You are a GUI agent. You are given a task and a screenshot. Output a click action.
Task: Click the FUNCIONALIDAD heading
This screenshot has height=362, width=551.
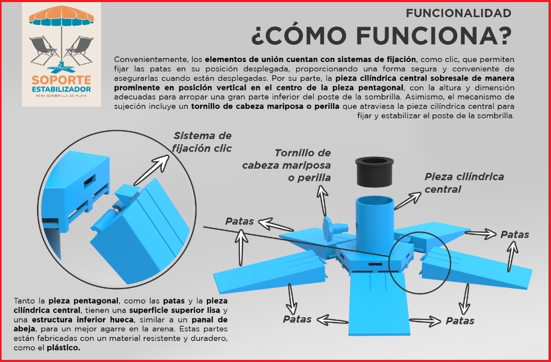click(458, 14)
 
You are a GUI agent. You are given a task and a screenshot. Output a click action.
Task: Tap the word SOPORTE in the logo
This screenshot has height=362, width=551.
click(62, 80)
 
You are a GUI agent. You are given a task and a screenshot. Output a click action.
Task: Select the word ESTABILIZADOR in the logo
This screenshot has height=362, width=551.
click(62, 89)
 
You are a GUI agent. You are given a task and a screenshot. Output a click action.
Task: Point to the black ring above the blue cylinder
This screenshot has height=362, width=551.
click(374, 171)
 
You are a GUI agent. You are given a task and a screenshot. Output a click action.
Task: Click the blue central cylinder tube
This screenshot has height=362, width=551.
click(375, 224)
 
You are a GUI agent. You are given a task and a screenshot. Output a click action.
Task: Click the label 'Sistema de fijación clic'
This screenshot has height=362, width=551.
click(202, 142)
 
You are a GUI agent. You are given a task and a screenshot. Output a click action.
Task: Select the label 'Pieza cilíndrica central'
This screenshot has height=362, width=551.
click(464, 183)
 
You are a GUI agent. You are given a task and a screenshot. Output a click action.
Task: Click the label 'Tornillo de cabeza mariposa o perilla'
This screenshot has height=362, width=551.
click(286, 165)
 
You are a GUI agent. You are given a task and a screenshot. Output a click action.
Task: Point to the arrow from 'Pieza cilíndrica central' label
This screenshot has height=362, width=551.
click(408, 201)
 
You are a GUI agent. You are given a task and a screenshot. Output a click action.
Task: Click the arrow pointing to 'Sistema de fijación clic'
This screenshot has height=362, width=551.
click(152, 170)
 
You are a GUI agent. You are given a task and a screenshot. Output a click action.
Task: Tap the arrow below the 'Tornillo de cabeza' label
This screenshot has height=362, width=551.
click(322, 201)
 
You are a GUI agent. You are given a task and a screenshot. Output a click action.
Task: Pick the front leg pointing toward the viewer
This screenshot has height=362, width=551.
click(379, 303)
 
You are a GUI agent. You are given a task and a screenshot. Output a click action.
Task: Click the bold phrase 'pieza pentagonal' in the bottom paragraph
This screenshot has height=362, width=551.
click(83, 301)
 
